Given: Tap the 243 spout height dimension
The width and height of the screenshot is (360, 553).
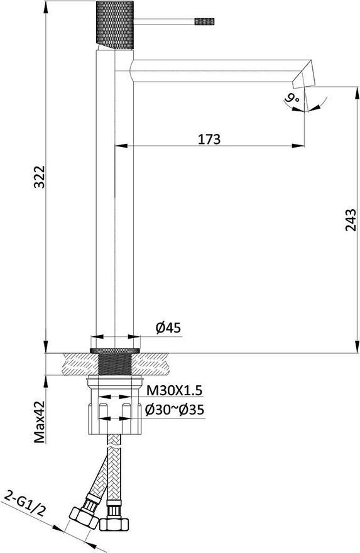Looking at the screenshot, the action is pos(351,221).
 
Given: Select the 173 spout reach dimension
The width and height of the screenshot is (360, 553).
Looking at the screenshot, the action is pos(209,139).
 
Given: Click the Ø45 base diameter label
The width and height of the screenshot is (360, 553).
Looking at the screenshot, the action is pos(168,328).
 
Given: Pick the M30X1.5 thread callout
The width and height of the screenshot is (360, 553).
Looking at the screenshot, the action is pos(174,390).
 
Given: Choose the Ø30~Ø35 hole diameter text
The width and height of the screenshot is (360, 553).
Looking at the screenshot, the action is pos(175,410).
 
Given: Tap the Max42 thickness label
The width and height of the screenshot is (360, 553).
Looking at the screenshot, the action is pos(40,422).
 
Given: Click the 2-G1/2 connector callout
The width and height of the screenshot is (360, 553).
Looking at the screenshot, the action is pos(24,505).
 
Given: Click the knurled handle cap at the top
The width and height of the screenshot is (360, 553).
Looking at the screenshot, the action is pos(115,25).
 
